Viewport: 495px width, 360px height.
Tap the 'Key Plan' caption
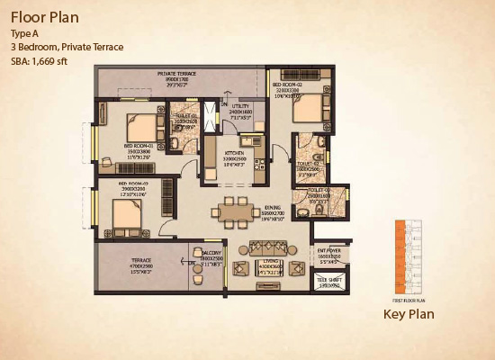409,314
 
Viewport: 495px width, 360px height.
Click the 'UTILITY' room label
239,106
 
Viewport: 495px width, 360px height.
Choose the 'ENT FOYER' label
329,251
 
